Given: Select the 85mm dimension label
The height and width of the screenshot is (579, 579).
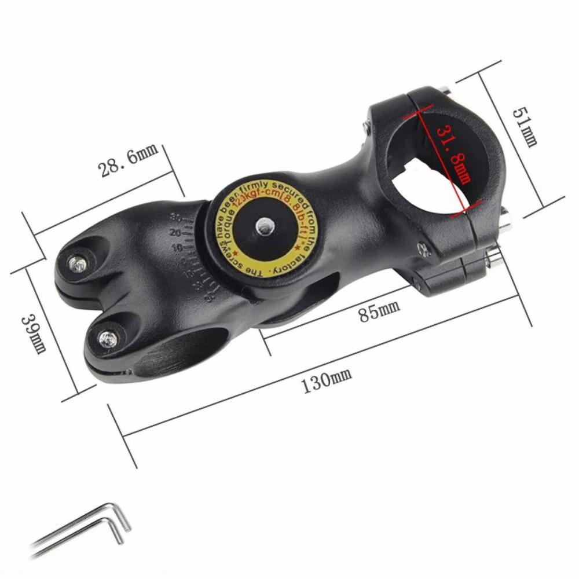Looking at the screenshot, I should pos(379,312).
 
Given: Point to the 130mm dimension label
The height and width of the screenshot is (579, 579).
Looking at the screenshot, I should pos(327,383).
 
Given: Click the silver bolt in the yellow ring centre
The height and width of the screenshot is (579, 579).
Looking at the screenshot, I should pos(265,226).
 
